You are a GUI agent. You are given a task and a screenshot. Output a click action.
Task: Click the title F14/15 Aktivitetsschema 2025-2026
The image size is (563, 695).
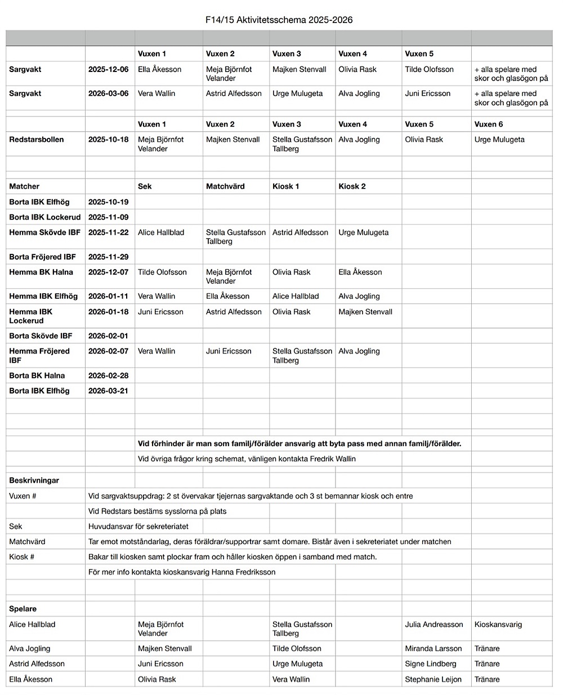pyautogui.click(x=279, y=20)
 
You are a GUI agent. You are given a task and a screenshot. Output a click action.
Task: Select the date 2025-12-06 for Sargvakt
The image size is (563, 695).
pyautogui.click(x=108, y=69)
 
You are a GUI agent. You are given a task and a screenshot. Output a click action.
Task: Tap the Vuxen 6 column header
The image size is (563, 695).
pyautogui.click(x=489, y=124)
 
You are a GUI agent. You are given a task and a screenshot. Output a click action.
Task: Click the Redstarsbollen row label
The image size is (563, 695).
pyautogui.click(x=37, y=140)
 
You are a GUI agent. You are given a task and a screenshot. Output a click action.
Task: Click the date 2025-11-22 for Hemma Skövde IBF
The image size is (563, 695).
pyautogui.click(x=108, y=232)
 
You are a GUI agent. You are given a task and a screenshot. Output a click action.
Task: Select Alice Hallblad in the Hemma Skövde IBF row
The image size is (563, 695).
pyautogui.click(x=161, y=232)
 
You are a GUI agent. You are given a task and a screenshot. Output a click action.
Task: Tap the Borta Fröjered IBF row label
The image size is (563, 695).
pyautogui.click(x=42, y=257)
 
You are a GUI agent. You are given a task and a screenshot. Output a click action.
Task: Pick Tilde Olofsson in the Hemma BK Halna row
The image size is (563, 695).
pyautogui.click(x=162, y=272)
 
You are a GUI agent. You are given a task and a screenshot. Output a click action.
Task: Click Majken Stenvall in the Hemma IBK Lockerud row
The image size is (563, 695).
pyautogui.click(x=365, y=312)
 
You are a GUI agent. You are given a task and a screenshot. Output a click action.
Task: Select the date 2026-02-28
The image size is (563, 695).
pyautogui.click(x=108, y=375)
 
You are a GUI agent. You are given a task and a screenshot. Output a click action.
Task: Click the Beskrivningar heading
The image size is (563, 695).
pyautogui.click(x=34, y=481)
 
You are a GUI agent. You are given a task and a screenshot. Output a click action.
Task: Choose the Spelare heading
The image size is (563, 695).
pyautogui.click(x=23, y=609)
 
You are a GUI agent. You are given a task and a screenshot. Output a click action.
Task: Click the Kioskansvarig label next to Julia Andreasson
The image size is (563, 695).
pyautogui.click(x=498, y=624)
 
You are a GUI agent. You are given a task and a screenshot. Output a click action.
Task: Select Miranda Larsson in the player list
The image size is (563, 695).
pyautogui.click(x=433, y=648)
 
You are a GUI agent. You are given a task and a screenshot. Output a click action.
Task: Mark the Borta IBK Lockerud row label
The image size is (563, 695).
pyautogui.click(x=45, y=217)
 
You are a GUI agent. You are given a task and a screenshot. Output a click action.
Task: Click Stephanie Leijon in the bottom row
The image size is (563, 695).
pyautogui.click(x=433, y=679)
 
